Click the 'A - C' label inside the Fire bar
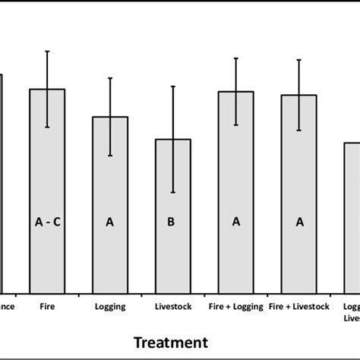coord(47,222)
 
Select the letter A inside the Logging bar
coord(110,222)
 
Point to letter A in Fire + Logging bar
coord(236,222)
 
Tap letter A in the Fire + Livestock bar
coord(299,222)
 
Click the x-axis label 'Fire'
coord(47,307)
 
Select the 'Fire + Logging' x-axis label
coord(236,307)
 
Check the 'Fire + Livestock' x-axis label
coord(299,307)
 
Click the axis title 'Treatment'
coord(171,343)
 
